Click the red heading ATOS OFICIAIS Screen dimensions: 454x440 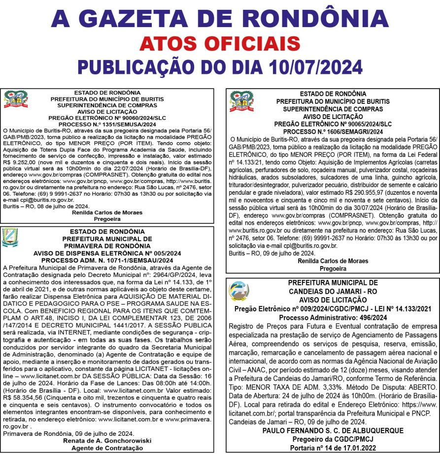point(220,43)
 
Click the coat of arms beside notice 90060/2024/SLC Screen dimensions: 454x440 point(15,99)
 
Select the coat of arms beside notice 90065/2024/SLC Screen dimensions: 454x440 point(241,101)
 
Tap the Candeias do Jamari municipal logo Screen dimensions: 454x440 point(239,291)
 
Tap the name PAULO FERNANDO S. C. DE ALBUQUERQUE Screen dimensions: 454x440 point(333,430)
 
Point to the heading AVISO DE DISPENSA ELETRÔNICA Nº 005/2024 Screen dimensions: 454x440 point(107,253)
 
